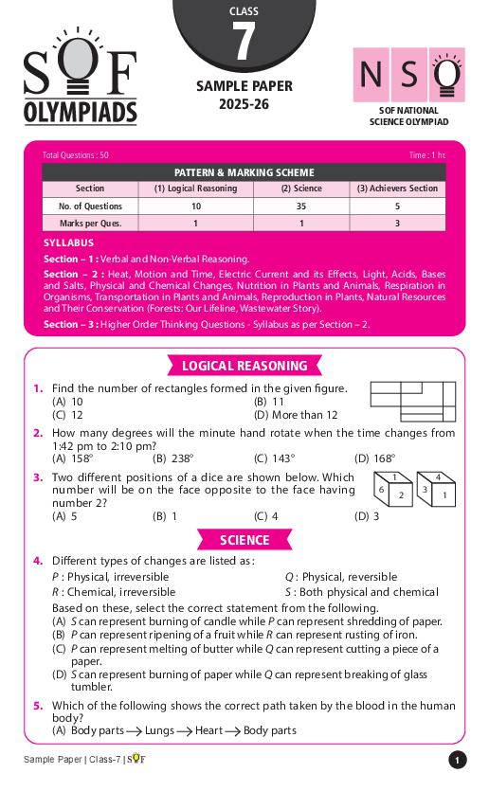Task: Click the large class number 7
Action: click(244, 43)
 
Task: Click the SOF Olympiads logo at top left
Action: click(81, 87)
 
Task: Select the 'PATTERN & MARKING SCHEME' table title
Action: click(244, 172)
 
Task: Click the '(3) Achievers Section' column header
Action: click(397, 189)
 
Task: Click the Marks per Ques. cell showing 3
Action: click(397, 224)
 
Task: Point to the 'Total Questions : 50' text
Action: click(76, 154)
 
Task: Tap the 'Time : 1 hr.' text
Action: click(426, 154)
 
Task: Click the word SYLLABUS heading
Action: click(68, 243)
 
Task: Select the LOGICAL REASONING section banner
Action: click(244, 366)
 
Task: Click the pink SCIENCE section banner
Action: click(244, 540)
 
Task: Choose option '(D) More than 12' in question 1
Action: click(296, 415)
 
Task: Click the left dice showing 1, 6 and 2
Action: click(392, 490)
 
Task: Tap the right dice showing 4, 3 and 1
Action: click(437, 490)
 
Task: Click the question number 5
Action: click(38, 706)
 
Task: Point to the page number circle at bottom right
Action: click(457, 760)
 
